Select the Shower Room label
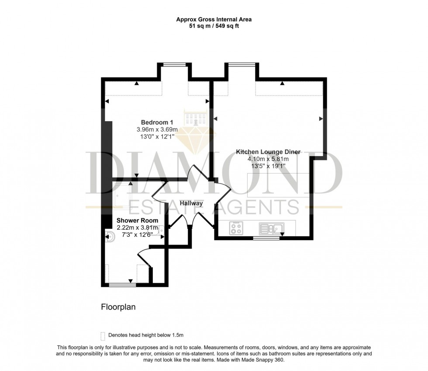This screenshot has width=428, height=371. [137, 221]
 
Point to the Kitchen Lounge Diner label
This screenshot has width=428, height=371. [268, 152]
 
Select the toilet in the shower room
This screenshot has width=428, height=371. [110, 237]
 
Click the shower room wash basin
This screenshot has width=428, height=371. [160, 231]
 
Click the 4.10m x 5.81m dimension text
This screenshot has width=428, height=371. [268, 159]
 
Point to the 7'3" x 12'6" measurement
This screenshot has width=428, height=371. [137, 235]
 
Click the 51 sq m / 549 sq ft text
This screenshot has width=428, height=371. [214, 26]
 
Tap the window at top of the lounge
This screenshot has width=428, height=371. [242, 65]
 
